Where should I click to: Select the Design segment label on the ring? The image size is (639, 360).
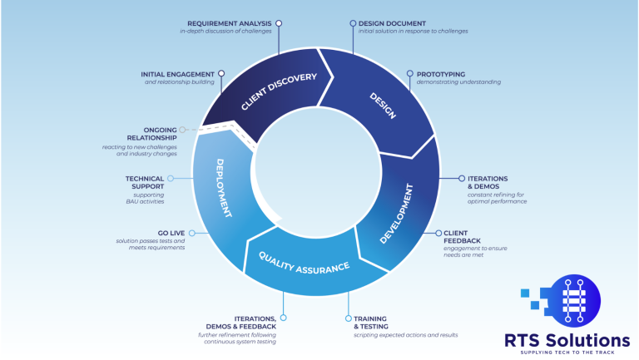click(384, 107)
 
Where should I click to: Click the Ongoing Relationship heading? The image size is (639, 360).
click(147, 134)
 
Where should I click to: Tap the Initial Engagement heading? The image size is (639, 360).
click(178, 74)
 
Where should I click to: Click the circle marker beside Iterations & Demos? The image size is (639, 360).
click(462, 178)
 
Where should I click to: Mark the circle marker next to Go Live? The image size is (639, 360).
click(192, 234)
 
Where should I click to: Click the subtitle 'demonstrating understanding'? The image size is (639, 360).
click(460, 82)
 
